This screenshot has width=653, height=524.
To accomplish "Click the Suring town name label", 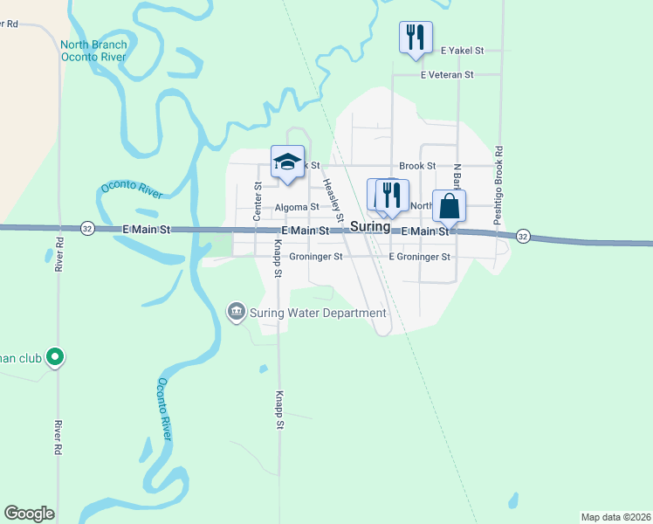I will point(369,226).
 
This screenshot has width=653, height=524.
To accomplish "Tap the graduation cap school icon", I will point(287,163).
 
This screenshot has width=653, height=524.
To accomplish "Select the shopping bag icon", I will point(449,207).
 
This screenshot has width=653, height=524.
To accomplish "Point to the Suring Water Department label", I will point(318,313).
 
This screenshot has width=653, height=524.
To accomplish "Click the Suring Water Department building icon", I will point(236,312).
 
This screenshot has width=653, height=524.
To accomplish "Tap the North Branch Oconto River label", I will point(93,51).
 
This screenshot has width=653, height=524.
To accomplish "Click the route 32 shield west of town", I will point(86,228).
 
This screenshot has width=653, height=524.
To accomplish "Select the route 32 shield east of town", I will point(522,236).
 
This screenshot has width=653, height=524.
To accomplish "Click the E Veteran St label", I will point(446,75).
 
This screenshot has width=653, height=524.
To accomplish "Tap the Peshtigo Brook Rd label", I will point(499,185).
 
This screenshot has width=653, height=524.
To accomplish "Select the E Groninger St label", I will point(419,258).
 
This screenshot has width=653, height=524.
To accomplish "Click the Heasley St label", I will point(332,199).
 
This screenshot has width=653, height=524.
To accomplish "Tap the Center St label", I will point(258,201).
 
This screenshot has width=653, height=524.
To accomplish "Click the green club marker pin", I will point(55,356).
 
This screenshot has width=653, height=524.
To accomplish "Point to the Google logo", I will point(29,514).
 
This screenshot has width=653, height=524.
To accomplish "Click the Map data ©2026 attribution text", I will point(615,517).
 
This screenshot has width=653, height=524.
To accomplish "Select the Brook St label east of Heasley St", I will point(417,165).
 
